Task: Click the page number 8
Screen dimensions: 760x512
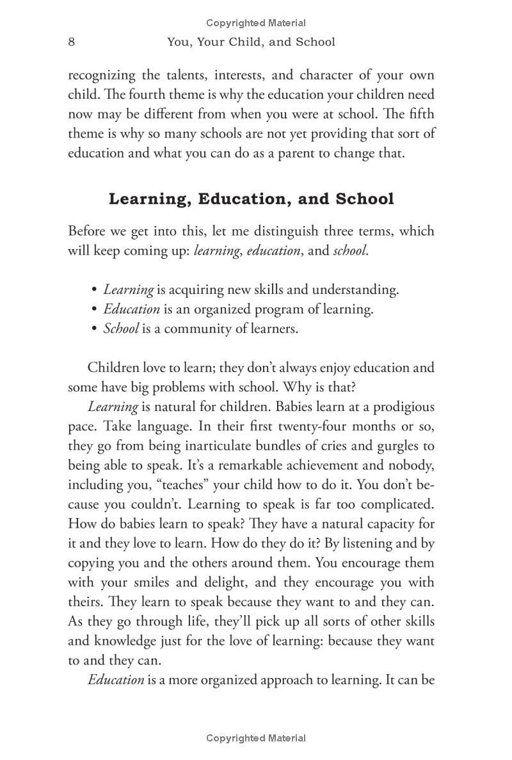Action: (72, 42)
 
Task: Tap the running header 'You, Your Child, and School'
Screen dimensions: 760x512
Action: (251, 42)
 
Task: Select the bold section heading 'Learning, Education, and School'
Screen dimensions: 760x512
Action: (251, 198)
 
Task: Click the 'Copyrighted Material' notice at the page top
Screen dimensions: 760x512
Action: (256, 23)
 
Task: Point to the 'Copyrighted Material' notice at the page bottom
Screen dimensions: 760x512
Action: (256, 738)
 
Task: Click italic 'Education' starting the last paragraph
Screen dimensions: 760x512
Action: (116, 680)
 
